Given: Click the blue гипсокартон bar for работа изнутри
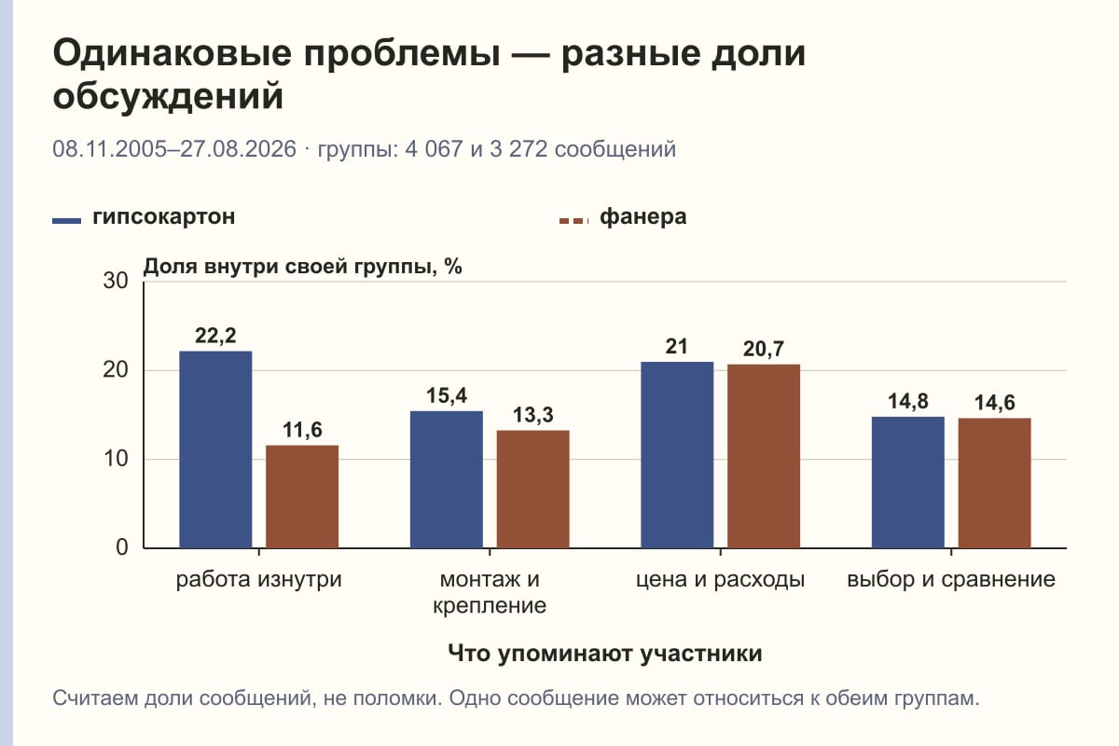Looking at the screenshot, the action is (215, 449).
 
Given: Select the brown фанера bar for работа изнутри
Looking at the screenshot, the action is (302, 497).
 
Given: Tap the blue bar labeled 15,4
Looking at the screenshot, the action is (446, 479).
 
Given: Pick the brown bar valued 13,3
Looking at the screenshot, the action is (532, 490).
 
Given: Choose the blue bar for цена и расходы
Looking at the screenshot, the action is (677, 455).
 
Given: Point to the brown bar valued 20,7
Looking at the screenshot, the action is (764, 456).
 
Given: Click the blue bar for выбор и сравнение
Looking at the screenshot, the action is (907, 482).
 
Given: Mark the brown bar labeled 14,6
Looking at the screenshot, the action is (994, 483).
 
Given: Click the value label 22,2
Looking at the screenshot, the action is (215, 336).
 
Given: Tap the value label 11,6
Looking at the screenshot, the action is (302, 430).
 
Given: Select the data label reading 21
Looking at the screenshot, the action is (677, 347).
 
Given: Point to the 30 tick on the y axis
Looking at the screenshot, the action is (116, 281).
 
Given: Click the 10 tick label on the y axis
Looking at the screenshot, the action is (116, 459).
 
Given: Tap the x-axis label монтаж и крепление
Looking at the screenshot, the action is (490, 592).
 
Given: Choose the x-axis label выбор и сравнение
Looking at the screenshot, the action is (951, 580).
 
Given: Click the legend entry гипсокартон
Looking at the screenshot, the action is (144, 217).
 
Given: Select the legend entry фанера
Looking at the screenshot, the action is (623, 217).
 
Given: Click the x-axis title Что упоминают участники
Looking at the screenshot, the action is (605, 654).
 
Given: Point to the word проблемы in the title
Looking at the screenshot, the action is (402, 54).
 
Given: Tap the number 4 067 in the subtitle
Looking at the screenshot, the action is (434, 149).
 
